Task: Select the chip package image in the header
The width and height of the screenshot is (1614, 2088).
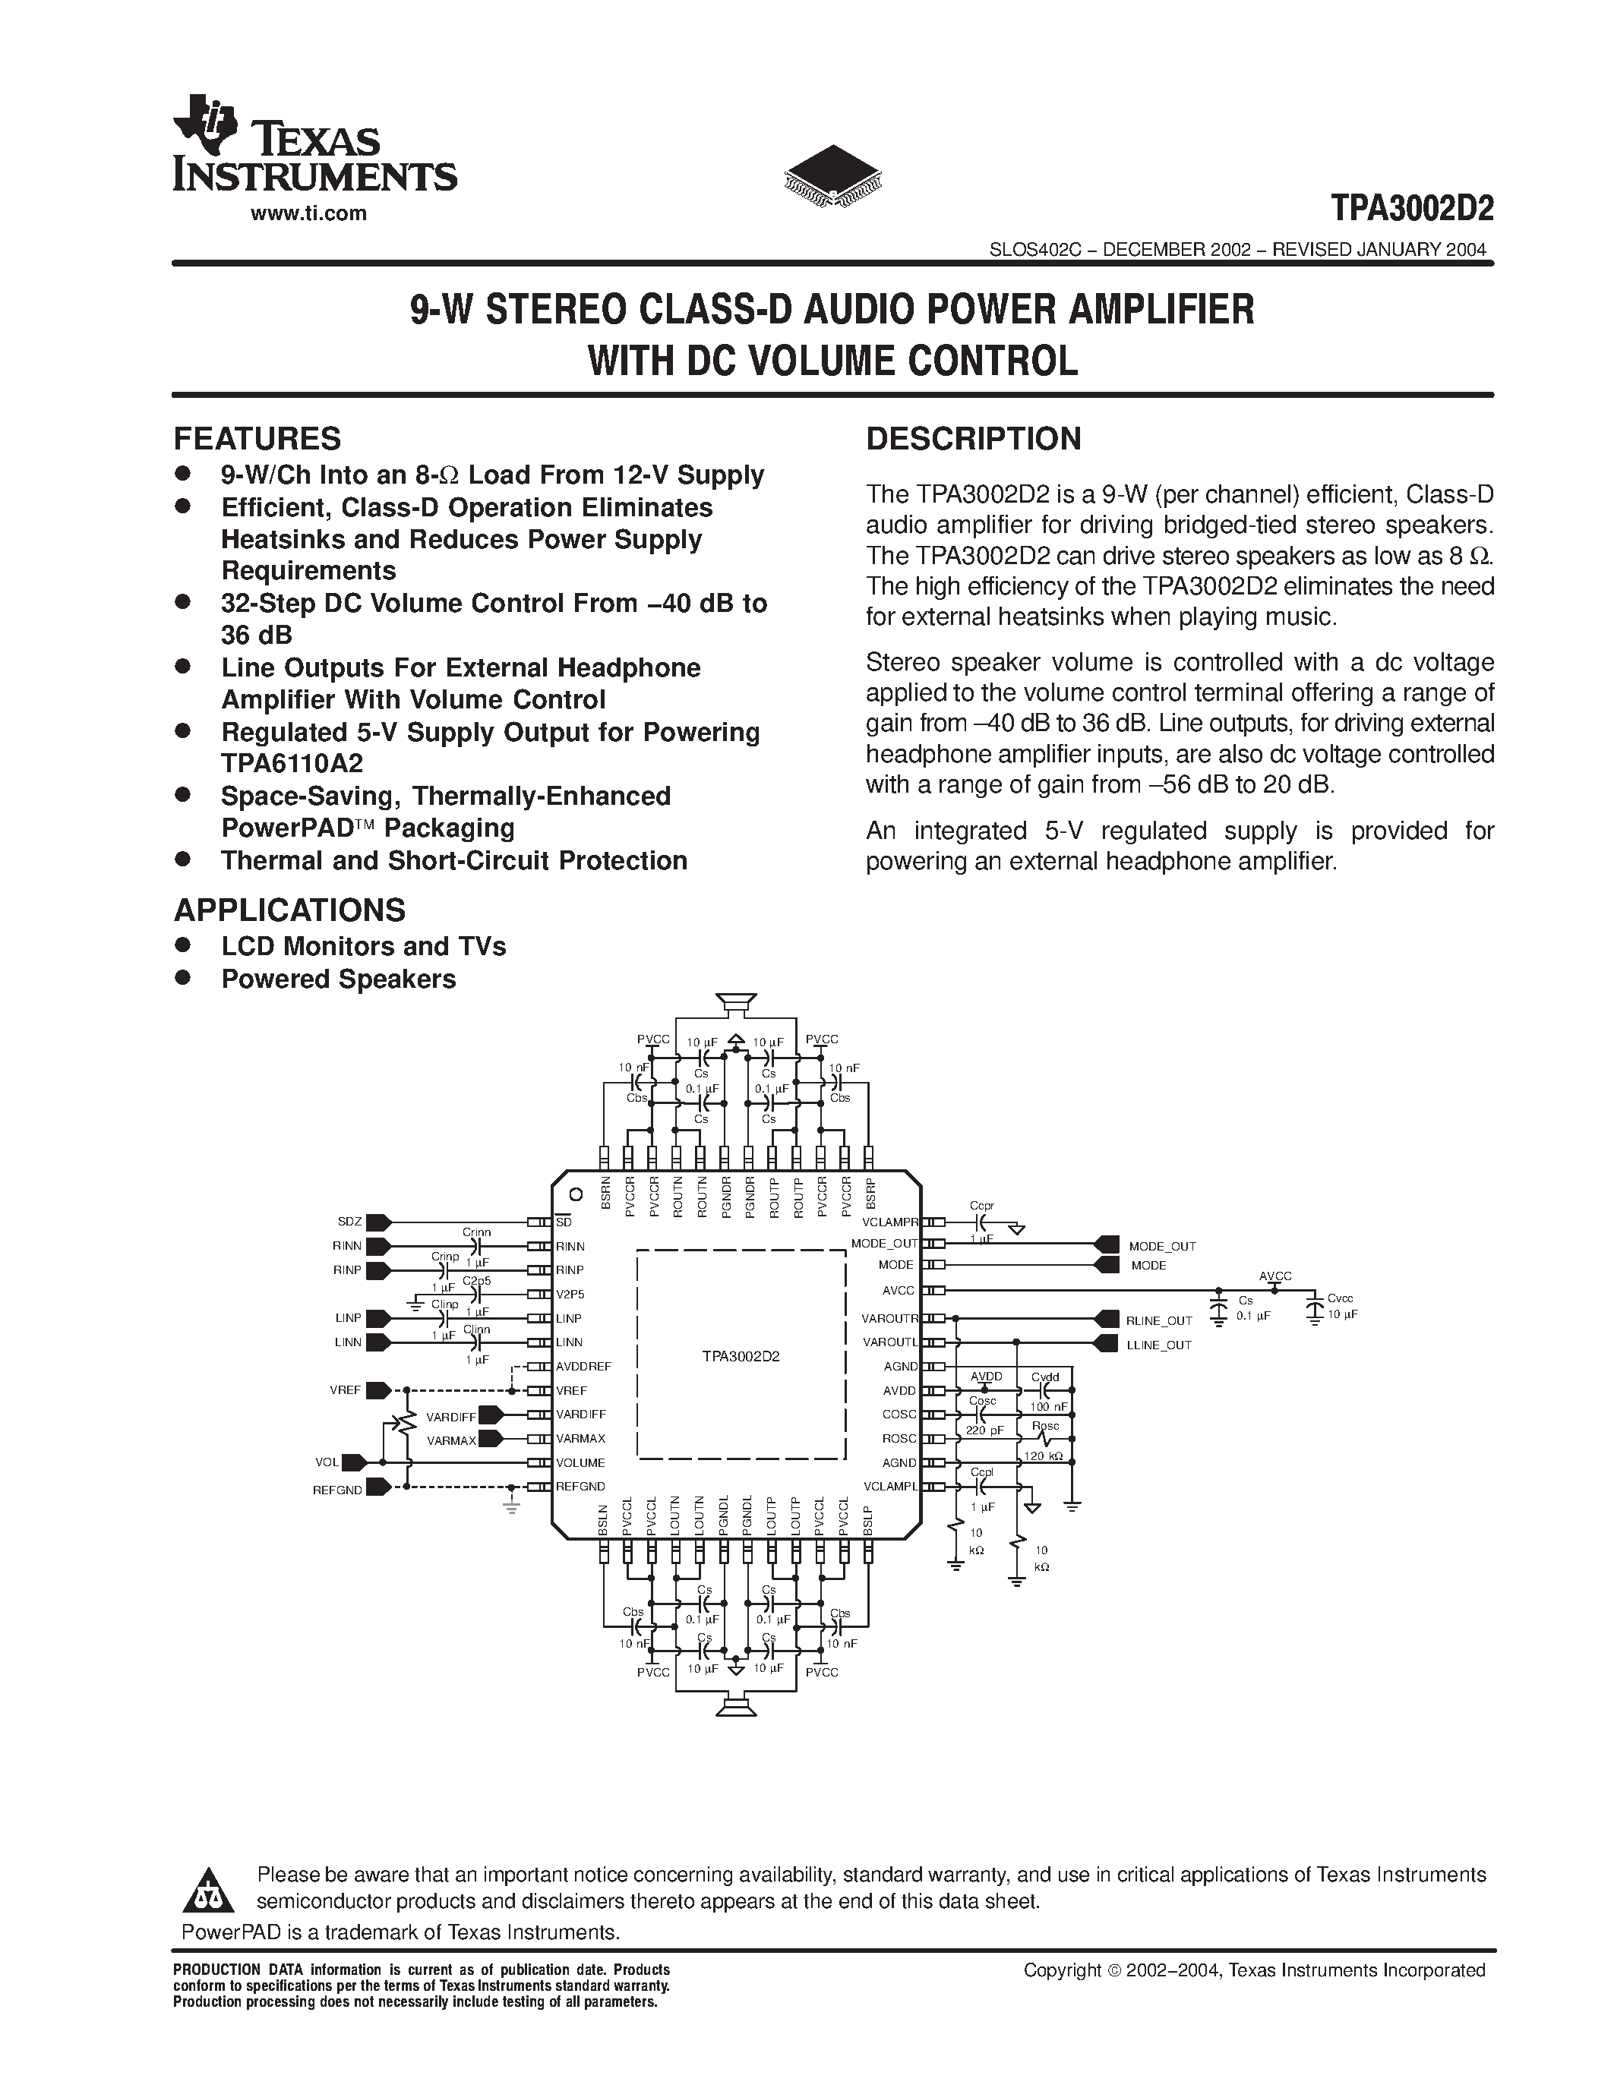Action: coord(832,178)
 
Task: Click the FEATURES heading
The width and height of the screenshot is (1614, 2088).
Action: coord(256,439)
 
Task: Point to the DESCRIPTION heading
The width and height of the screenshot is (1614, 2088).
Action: coord(974,439)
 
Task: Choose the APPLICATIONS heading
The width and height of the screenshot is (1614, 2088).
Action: coord(289,909)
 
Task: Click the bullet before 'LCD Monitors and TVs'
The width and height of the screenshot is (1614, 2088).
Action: coord(182,945)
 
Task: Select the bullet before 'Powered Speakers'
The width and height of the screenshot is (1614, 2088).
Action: coord(182,978)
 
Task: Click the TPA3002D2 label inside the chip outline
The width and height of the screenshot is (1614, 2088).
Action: coord(741,1355)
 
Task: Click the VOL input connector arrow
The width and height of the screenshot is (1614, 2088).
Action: coord(355,1462)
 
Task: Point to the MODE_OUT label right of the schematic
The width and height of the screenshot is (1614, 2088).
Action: coord(1162,1247)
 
